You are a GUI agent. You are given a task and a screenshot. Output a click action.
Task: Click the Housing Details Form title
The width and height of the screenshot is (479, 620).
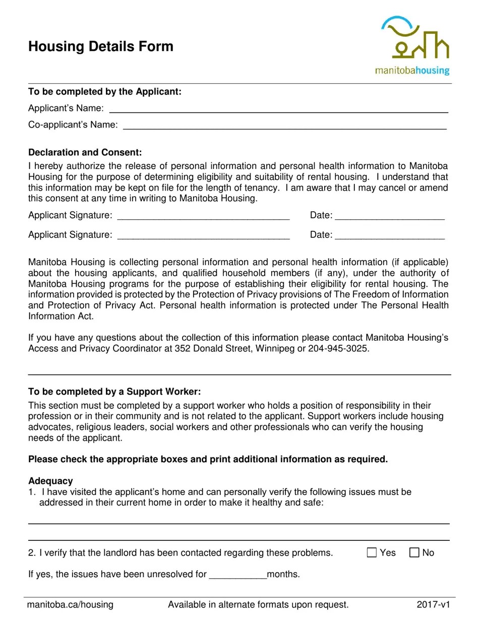click(x=101, y=47)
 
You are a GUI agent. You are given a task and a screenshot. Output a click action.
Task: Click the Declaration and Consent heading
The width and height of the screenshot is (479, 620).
click(x=85, y=152)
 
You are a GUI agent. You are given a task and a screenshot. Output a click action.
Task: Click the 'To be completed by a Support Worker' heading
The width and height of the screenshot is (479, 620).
click(x=114, y=392)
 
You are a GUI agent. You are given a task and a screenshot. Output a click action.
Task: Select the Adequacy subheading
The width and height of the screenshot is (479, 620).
click(x=50, y=481)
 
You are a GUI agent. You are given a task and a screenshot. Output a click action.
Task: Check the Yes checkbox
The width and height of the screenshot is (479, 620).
click(x=372, y=552)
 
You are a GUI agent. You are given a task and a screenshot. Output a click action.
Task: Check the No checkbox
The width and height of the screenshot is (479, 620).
click(x=414, y=552)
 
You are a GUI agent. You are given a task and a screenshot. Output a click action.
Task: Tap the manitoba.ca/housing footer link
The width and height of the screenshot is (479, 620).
click(x=70, y=605)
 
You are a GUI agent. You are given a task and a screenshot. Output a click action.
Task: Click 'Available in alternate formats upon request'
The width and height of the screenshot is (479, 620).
click(x=258, y=605)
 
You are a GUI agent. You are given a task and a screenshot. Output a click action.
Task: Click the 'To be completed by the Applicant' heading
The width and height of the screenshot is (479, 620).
click(x=105, y=92)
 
